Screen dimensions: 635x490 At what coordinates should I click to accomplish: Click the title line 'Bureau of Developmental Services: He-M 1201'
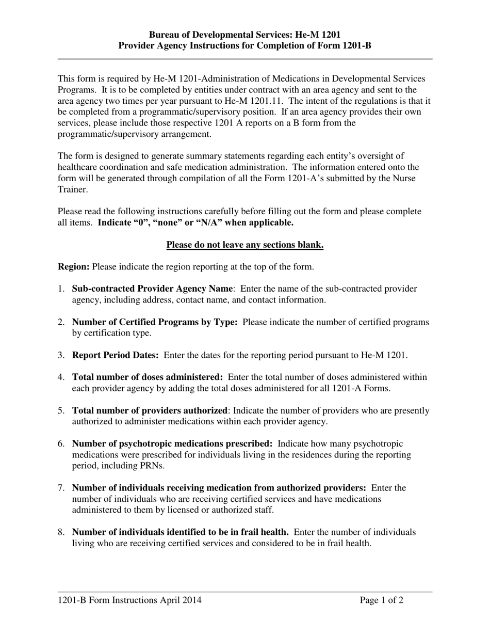(x=244, y=35)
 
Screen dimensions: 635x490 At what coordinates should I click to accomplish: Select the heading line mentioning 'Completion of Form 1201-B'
(x=244, y=45)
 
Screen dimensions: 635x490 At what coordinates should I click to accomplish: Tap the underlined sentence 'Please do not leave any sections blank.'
(x=244, y=245)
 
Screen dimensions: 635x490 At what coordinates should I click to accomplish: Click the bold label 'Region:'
(x=74, y=267)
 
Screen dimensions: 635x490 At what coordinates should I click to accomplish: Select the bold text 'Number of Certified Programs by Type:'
(x=155, y=322)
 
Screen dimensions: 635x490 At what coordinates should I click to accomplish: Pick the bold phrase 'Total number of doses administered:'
(x=148, y=377)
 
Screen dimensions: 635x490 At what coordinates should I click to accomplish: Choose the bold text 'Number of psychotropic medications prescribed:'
(x=172, y=444)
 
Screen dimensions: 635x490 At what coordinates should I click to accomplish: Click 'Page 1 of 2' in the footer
(x=382, y=600)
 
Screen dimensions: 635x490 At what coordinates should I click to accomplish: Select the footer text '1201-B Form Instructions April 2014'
(x=129, y=600)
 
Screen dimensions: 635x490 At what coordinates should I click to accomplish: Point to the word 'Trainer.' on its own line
(x=73, y=189)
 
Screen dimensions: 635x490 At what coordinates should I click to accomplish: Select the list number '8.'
(x=61, y=532)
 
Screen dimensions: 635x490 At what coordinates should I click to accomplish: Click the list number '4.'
(x=61, y=377)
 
